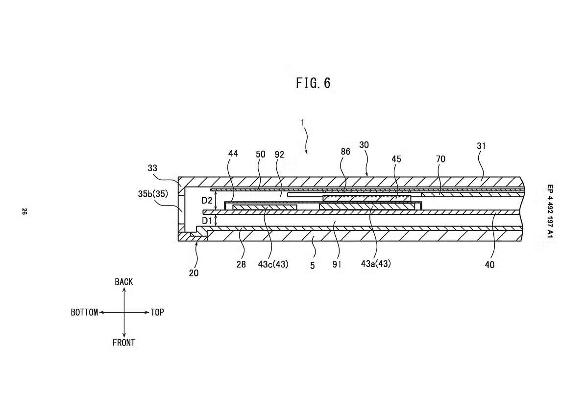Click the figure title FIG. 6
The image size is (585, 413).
tap(313, 83)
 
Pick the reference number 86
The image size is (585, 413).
tap(345, 152)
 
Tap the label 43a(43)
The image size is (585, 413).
tap(376, 264)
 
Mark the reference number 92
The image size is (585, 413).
tap(279, 154)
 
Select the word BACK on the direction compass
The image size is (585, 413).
tap(123, 282)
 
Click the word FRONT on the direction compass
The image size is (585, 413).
tap(123, 343)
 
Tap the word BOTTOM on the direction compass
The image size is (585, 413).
tap(84, 312)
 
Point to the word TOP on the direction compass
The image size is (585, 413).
tap(157, 312)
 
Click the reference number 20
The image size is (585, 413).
tap(194, 273)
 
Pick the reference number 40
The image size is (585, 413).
tap(489, 265)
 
